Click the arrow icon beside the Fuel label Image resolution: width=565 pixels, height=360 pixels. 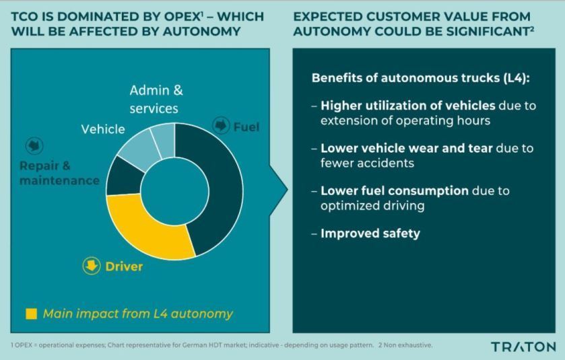[x=221, y=126]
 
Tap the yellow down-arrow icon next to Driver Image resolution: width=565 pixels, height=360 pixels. [x=92, y=266]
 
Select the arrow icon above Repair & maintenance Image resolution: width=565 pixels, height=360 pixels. [x=34, y=146]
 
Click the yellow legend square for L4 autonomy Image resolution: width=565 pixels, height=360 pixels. [x=32, y=314]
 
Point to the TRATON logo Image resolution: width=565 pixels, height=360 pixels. [x=523, y=347]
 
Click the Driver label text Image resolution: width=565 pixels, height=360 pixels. [x=124, y=266]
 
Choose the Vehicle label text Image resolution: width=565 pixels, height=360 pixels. [x=103, y=129]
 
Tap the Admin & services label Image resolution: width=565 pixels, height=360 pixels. [x=156, y=100]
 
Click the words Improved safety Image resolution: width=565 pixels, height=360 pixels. [x=370, y=233]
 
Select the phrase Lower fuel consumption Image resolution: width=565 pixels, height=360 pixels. [x=395, y=191]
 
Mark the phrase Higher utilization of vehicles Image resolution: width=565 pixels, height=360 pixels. [x=408, y=106]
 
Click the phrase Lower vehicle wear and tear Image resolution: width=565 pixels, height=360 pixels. [x=407, y=148]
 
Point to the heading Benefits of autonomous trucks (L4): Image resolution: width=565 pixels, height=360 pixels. [x=420, y=78]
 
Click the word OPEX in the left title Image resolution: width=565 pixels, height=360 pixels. [x=182, y=17]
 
